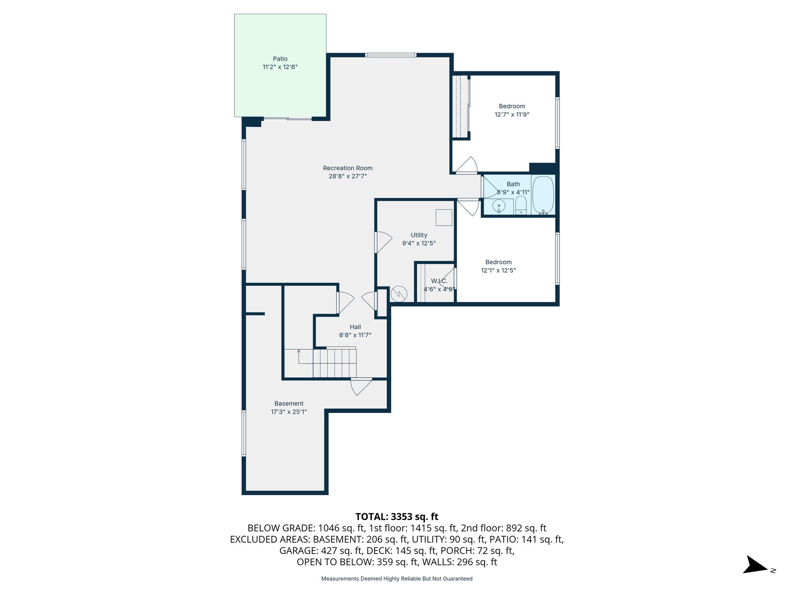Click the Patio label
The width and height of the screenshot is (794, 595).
[x=280, y=59]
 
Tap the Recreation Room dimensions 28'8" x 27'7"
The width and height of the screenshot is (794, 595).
[x=348, y=176]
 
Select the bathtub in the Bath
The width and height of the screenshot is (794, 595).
[x=543, y=195]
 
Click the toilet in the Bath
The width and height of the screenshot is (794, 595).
[x=521, y=205]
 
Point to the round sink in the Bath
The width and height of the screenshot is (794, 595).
[x=499, y=206]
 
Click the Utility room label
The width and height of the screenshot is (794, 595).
[x=419, y=235]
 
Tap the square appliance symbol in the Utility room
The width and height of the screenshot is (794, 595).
[x=444, y=217]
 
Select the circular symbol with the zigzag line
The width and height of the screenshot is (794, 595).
[x=399, y=294]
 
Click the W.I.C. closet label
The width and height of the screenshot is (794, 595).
[x=439, y=281]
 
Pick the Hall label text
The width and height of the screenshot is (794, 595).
[x=355, y=327]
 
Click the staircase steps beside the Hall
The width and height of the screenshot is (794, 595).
[x=335, y=363]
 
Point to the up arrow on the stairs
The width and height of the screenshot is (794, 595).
[x=299, y=352]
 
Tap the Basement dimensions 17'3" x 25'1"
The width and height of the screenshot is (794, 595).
[x=289, y=412]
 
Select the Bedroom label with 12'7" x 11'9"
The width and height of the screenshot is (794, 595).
[x=512, y=106]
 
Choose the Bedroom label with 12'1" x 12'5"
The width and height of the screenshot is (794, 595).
[x=498, y=262]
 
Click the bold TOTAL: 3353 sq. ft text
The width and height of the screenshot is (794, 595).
[x=397, y=517]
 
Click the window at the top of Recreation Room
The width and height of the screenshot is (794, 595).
[x=390, y=55]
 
